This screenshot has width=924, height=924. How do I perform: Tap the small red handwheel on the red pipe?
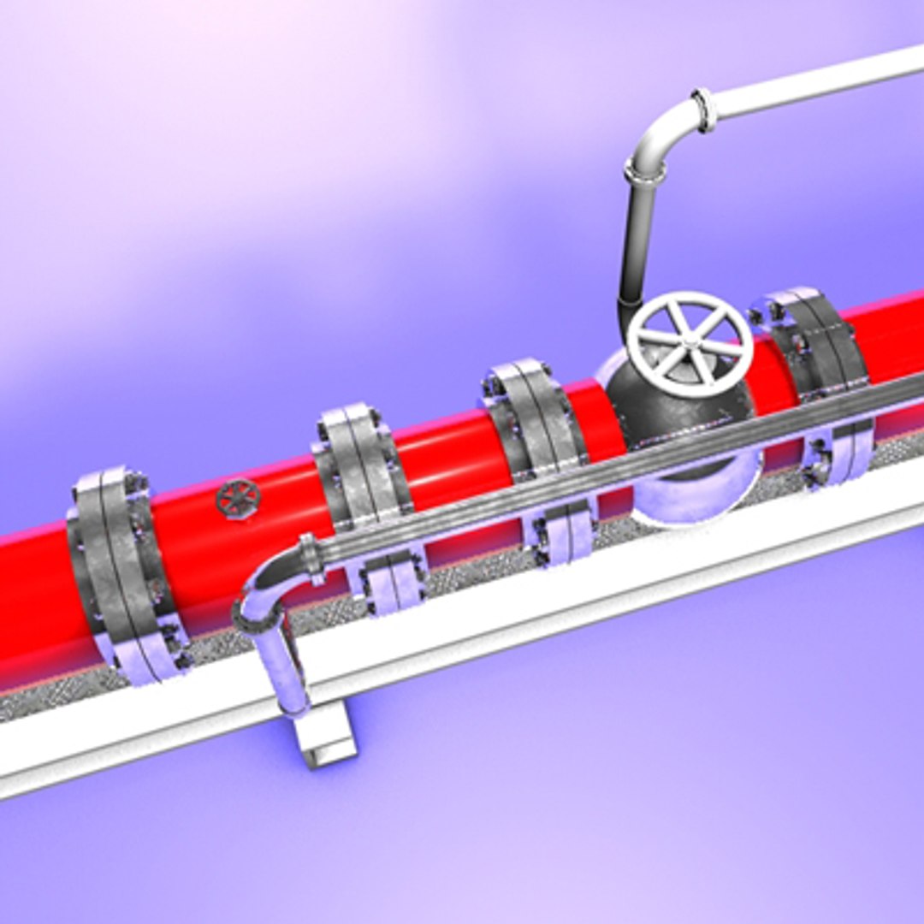[237, 499]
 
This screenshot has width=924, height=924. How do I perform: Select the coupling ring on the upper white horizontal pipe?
[705, 110]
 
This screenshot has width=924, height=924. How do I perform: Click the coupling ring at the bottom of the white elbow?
[644, 174]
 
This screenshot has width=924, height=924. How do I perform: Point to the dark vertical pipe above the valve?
[635, 248]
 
